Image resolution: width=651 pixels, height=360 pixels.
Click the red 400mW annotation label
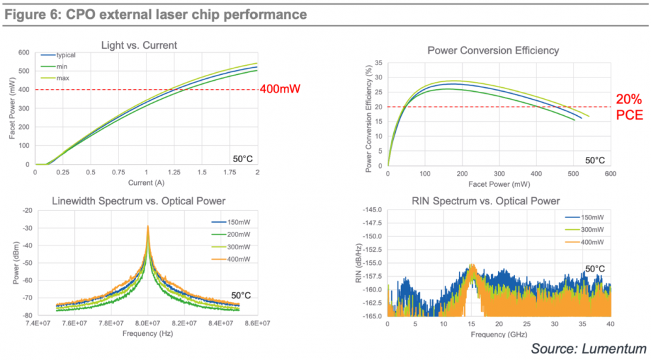tap(280, 89)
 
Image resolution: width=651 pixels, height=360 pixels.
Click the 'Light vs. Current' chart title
tap(139, 45)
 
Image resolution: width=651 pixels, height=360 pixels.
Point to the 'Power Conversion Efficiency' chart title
tap(493, 51)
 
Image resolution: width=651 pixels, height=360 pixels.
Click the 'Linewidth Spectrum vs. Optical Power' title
tap(139, 201)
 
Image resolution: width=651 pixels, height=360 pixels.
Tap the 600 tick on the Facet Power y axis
tap(25, 52)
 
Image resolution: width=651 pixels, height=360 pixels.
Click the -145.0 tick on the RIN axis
tap(372, 210)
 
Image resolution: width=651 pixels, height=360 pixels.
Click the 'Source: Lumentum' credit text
tap(589, 349)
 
